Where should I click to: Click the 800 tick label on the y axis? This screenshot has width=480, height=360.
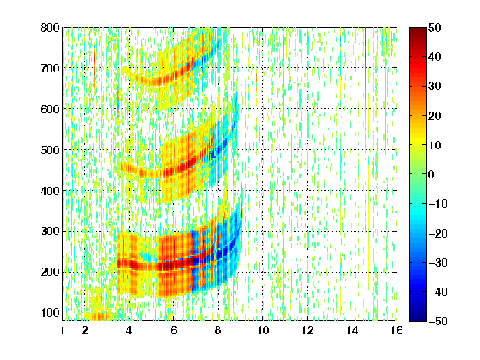50,27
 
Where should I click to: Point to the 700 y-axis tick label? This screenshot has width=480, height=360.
50,68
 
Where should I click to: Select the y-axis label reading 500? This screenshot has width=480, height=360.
50,150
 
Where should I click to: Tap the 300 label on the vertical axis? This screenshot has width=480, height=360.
50,231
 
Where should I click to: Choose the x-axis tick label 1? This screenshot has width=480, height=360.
62,330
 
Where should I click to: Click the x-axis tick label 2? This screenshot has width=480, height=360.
85,330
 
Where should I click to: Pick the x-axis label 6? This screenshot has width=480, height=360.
174,330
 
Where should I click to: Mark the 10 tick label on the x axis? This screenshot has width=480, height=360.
263,330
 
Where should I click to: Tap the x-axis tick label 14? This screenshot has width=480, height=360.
352,330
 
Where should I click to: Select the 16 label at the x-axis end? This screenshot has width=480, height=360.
397,330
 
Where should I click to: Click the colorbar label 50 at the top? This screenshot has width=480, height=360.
435,27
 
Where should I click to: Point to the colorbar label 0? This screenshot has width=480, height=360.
432,174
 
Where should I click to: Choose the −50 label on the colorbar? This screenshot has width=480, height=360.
438,321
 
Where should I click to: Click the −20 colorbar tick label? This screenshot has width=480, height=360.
438,233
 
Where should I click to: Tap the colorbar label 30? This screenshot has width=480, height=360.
435,87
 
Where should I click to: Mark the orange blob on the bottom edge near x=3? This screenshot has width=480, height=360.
98,316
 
